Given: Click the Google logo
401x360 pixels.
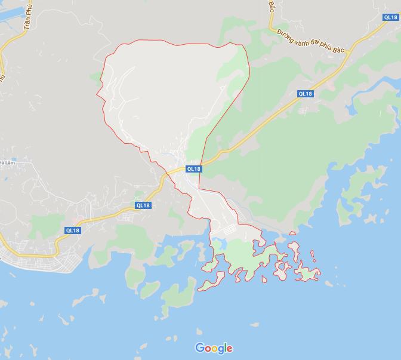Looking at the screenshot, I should point(214,348).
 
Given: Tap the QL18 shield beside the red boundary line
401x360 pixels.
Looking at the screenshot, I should point(194,169).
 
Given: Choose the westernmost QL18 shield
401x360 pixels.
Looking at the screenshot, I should point(72,230).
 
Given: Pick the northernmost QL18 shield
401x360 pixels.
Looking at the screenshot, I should point(391,18).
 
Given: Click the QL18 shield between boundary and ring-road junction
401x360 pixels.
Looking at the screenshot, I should point(305,94).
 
